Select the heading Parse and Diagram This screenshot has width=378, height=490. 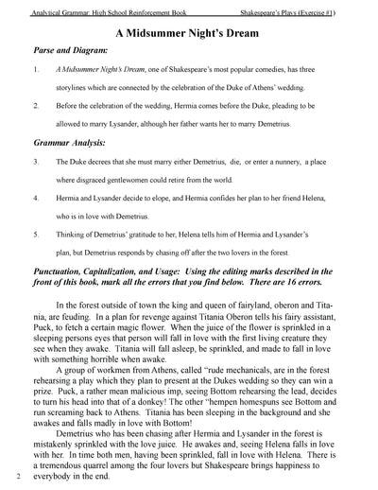69,49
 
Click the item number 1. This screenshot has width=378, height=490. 35,69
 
